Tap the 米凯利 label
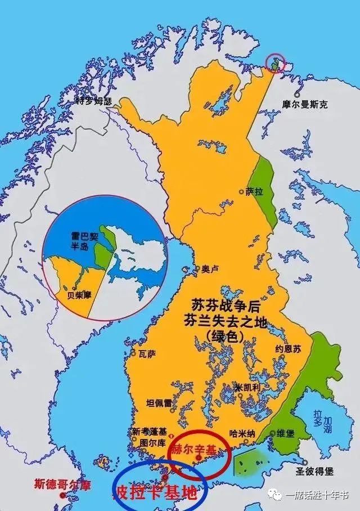click(x=249, y=388)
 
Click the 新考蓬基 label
click(x=150, y=432)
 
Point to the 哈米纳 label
click(x=243, y=433)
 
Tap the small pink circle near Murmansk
click(x=275, y=64)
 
